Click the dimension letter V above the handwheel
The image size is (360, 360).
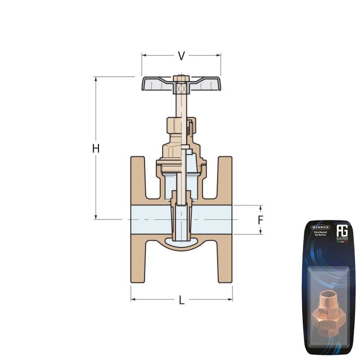pyautogui.click(x=181, y=56)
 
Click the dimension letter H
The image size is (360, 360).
pyautogui.click(x=96, y=148)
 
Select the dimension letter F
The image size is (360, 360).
pyautogui.click(x=260, y=219)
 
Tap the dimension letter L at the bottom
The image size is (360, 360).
pyautogui.click(x=181, y=300)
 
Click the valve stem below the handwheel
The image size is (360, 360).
pyautogui.click(x=181, y=104)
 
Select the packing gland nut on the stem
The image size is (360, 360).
pyautogui.click(x=179, y=127)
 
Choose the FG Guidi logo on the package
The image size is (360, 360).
pyautogui.click(x=343, y=233)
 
